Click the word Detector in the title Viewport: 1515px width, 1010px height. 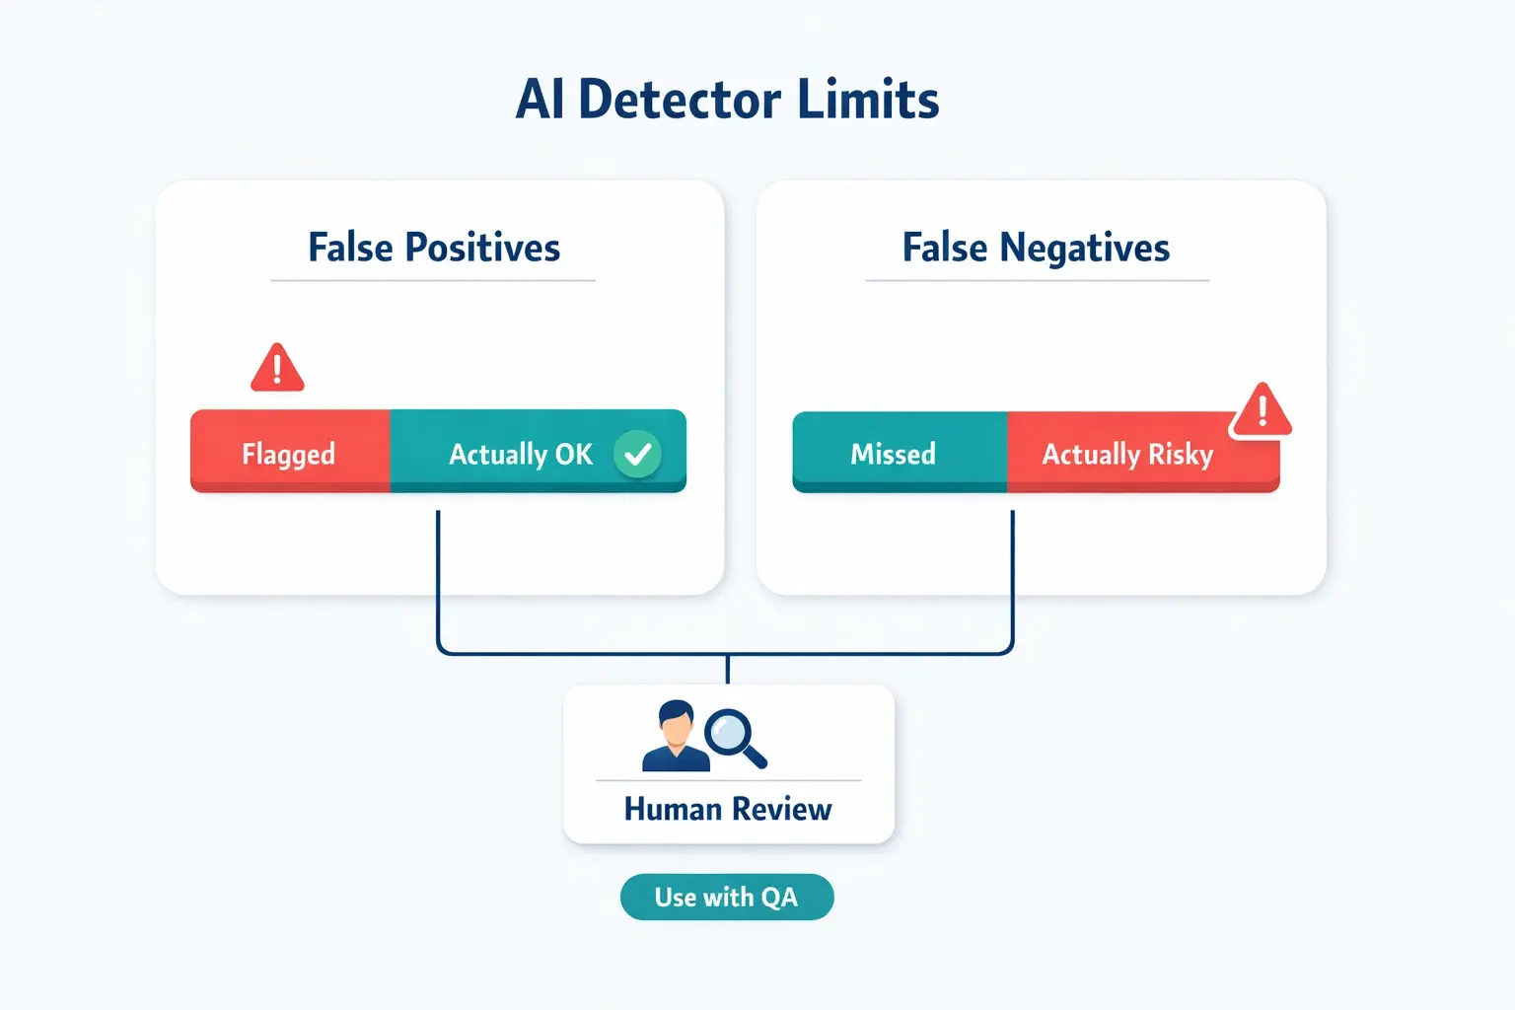[680, 101]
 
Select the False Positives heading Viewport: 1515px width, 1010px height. [434, 248]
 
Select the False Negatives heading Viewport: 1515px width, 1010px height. [1036, 248]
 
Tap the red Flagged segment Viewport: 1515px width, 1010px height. [289, 454]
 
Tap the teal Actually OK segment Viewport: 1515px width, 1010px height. [521, 454]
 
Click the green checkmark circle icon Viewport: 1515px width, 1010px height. [638, 454]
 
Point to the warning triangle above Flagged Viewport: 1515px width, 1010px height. [277, 369]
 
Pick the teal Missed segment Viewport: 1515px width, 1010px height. [894, 454]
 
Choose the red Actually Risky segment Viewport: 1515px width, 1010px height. [1127, 454]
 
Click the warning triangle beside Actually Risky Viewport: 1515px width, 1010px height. [1261, 411]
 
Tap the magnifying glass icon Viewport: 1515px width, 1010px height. [734, 736]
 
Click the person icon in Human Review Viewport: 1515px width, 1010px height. [676, 737]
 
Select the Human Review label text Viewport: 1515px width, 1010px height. [728, 810]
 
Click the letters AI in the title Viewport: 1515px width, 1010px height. [541, 101]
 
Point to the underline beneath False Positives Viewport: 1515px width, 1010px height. [433, 281]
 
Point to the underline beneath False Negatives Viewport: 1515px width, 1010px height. [1037, 281]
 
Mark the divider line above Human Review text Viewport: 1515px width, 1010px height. [728, 781]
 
